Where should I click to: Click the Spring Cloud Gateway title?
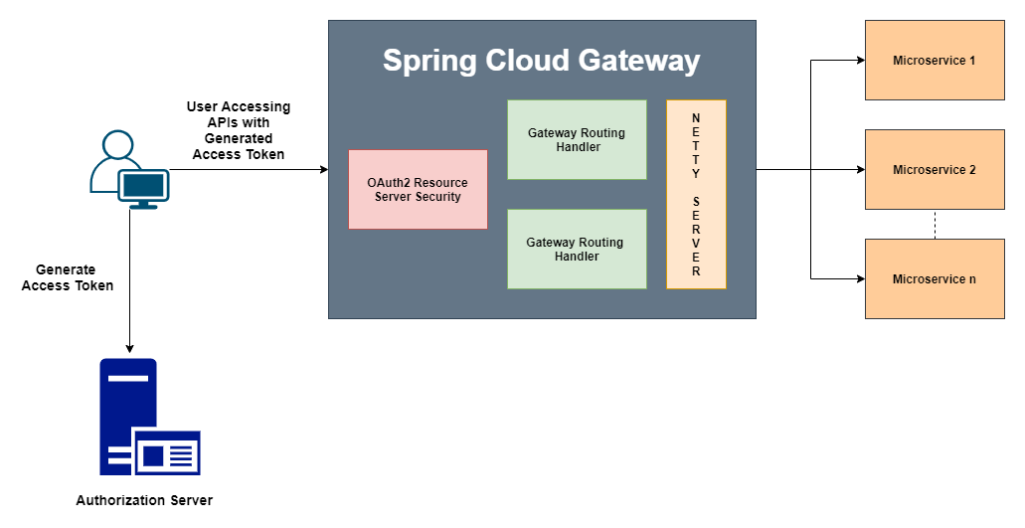[x=542, y=61]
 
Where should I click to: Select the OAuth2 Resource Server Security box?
[x=418, y=189]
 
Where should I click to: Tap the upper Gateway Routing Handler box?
[x=577, y=139]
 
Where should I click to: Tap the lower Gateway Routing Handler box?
[x=577, y=249]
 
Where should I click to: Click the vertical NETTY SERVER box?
[x=696, y=194]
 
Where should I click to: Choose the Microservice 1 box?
[x=935, y=60]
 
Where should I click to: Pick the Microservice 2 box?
[x=935, y=169]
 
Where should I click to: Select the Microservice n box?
[x=935, y=278]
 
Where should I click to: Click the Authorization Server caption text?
[x=144, y=500]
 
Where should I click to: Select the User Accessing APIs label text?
[x=239, y=130]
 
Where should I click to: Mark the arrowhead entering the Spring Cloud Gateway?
[x=323, y=170]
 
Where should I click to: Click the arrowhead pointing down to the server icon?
[x=129, y=348]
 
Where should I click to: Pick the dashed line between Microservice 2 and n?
[x=935, y=224]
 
